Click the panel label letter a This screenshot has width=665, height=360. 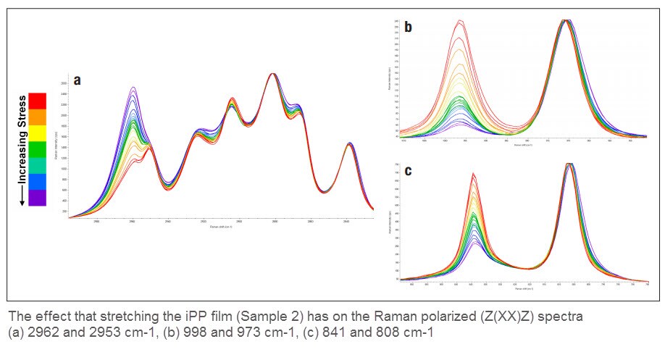(x=76, y=79)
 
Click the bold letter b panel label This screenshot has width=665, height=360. (x=408, y=28)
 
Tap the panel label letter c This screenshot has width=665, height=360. (x=408, y=171)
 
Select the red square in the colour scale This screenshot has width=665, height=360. (x=37, y=100)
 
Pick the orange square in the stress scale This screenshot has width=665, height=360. (x=37, y=116)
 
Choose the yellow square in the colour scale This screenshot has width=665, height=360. (x=37, y=133)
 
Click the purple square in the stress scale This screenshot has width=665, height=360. (x=37, y=197)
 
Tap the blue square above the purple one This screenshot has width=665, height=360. (x=37, y=181)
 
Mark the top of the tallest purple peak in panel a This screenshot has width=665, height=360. (x=133, y=88)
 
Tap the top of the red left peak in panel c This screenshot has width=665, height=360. (x=473, y=173)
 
